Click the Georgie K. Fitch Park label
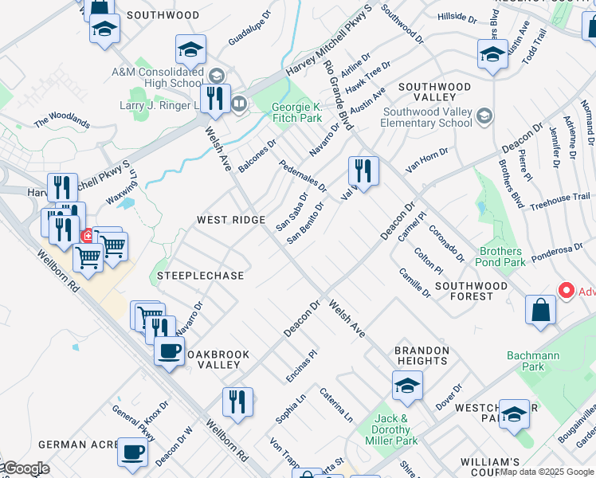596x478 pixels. pyautogui.click(x=296, y=112)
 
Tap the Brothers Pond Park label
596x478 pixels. pyautogui.click(x=502, y=257)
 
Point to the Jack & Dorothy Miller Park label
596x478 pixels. pyautogui.click(x=391, y=429)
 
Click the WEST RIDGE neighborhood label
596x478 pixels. pyautogui.click(x=231, y=220)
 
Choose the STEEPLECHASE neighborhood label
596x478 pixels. pyautogui.click(x=200, y=276)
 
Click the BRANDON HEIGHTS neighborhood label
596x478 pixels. pyautogui.click(x=422, y=355)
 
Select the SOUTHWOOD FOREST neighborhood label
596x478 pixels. pyautogui.click(x=471, y=291)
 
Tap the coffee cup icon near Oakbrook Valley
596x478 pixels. pyautogui.click(x=169, y=351)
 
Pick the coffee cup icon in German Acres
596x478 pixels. pyautogui.click(x=132, y=452)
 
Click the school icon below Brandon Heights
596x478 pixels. pyautogui.click(x=407, y=386)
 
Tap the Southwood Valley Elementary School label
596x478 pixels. pyautogui.click(x=426, y=117)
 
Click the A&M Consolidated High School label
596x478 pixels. pyautogui.click(x=157, y=77)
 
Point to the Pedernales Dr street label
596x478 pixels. pyautogui.click(x=303, y=175)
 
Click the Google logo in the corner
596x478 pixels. pyautogui.click(x=25, y=468)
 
